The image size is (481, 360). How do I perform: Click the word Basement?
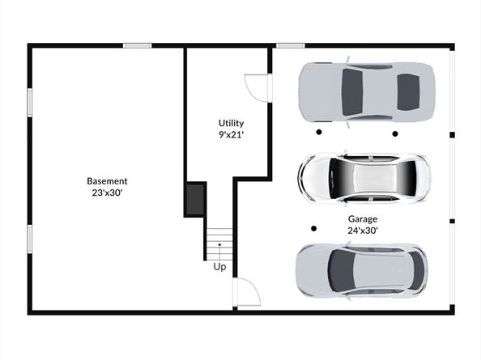coord(107,181)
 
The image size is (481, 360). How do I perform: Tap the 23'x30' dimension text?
coord(108,193)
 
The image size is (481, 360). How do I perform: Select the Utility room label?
coord(232,123)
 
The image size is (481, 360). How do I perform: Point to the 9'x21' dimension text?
coord(232,134)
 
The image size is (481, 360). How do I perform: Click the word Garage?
coord(363,219)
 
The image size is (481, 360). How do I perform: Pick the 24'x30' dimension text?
coord(363,231)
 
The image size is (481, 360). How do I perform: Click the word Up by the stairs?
coord(219,267)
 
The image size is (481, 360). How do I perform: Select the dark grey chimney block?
coord(195,200)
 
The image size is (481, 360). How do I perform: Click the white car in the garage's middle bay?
coord(364,178)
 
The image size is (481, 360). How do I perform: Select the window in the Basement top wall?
coord(138,45)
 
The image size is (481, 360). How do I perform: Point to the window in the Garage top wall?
coord(291,45)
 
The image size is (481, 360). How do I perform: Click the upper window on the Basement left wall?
coord(30,103)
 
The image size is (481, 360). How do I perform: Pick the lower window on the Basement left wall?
coord(30,239)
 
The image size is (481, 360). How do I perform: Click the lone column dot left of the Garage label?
coord(313,229)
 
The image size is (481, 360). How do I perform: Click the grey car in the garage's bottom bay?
coord(362,272)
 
